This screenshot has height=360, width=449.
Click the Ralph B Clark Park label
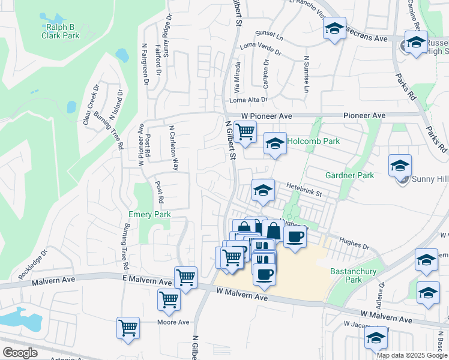[61, 31]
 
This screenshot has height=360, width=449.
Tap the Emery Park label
[150, 214]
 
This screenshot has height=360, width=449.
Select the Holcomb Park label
[313, 141]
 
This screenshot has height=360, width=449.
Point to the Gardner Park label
[349, 175]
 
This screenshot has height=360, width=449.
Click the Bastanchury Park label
[354, 275]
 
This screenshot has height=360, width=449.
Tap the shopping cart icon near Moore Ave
[128, 328]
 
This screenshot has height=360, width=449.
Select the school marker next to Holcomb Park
[275, 144]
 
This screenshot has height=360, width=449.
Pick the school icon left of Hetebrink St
[262, 190]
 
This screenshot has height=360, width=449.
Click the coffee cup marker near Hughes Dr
[294, 238]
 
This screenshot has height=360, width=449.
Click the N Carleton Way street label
[174, 148]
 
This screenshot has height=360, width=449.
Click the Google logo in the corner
[20, 353]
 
